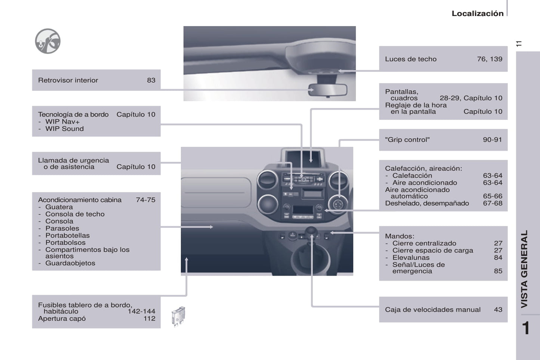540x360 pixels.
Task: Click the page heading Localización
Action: pos(477,13)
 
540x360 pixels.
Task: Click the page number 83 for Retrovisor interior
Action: pos(151,80)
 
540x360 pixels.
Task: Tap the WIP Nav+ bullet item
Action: pos(62,122)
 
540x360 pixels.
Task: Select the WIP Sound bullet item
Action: pos(64,129)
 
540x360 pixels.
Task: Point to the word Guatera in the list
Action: pos(59,207)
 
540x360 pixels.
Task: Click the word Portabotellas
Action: pos(67,236)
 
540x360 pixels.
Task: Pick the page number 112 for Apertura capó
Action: pos(149,319)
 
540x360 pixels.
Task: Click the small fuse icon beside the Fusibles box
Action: pos(178,316)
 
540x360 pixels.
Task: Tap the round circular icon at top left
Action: pos(47,41)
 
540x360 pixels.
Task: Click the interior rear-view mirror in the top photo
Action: pos(328,90)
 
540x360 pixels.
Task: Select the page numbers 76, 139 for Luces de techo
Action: pos(489,59)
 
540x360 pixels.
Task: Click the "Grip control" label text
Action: pos(407,140)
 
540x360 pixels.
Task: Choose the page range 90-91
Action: pos(492,140)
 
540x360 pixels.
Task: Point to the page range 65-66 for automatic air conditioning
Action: pos(492,196)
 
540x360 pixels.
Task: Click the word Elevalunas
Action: pos(411,258)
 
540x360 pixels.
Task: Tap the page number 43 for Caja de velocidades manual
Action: pos(498,310)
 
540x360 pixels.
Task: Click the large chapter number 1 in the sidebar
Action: pos(526,328)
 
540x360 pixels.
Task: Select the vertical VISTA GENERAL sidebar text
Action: pos(525,269)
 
